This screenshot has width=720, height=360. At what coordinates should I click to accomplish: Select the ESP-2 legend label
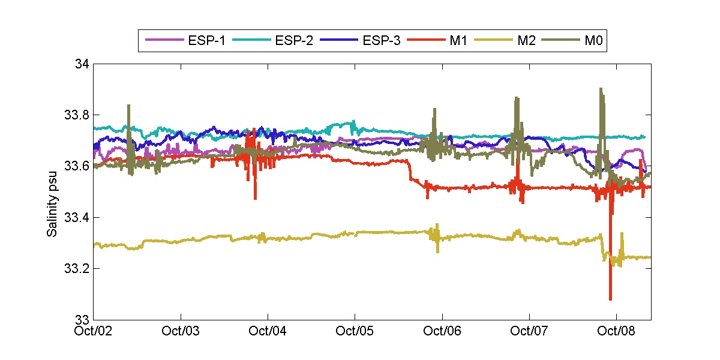pos(293,41)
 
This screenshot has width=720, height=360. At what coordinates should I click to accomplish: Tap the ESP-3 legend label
pos(382,41)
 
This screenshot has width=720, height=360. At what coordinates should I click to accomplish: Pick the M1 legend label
pos(452,41)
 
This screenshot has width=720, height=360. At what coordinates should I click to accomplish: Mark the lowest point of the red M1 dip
pos(610,299)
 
